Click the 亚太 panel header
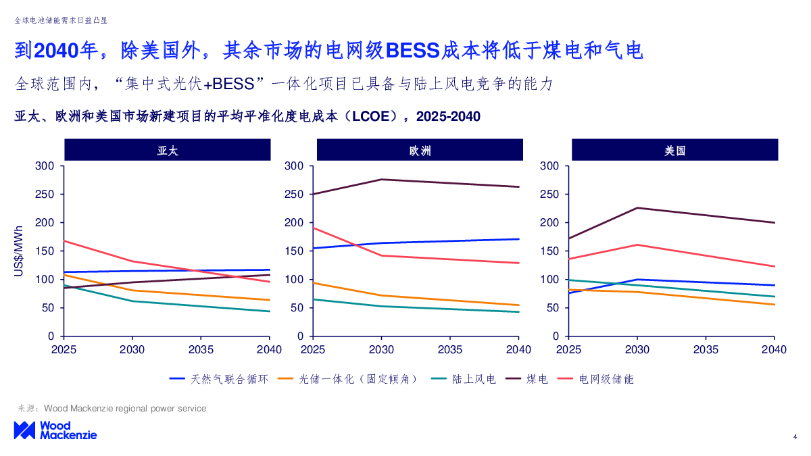pyautogui.click(x=167, y=150)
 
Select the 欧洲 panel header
pyautogui.click(x=420, y=150)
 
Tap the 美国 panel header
pyautogui.click(x=674, y=150)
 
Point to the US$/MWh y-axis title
pyautogui.click(x=19, y=251)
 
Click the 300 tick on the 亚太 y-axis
pyautogui.click(x=45, y=166)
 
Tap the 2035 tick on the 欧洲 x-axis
pyautogui.click(x=450, y=350)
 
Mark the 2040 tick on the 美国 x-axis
pyautogui.click(x=774, y=350)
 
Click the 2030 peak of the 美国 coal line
pyautogui.click(x=637, y=208)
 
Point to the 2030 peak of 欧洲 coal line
pyautogui.click(x=382, y=180)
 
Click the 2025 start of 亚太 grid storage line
pyautogui.click(x=64, y=240)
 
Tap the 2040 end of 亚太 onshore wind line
pyautogui.click(x=270, y=311)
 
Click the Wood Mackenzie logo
pyautogui.click(x=55, y=430)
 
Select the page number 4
pyautogui.click(x=795, y=437)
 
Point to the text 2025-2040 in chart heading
pyautogui.click(x=448, y=117)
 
